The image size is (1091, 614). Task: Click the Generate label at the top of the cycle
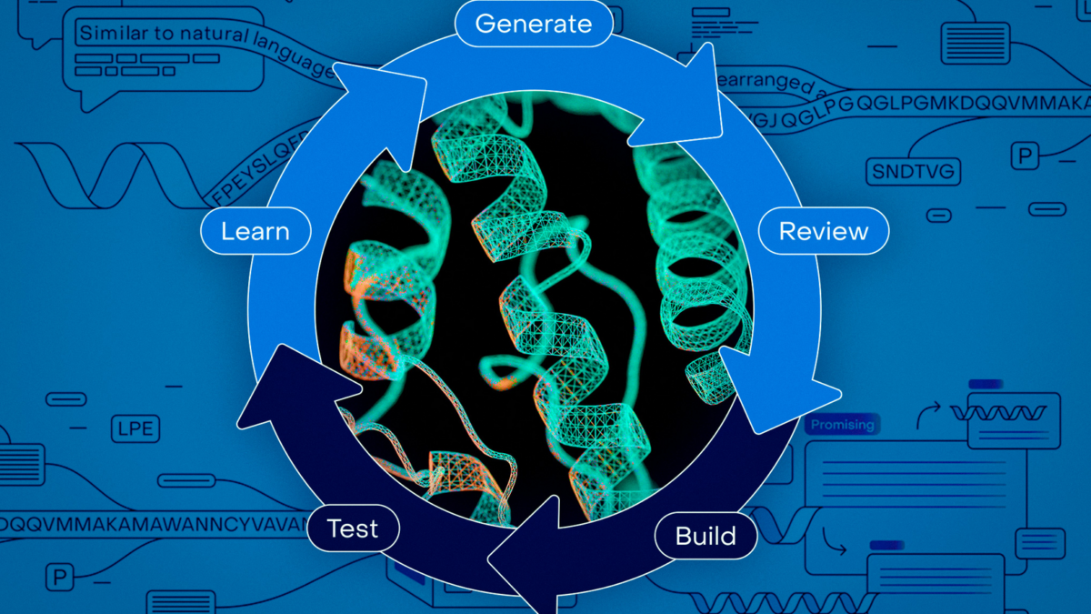coord(534,24)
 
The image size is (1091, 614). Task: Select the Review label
coord(823,232)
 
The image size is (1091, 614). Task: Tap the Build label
coord(706,536)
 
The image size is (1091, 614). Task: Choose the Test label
coord(353,528)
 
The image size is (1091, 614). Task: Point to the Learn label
coord(255,231)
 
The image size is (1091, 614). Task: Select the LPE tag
coord(135,428)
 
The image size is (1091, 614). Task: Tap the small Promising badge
coord(842,425)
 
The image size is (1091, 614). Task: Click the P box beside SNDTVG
coord(1026,157)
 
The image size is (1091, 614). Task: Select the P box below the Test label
coord(60,578)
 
